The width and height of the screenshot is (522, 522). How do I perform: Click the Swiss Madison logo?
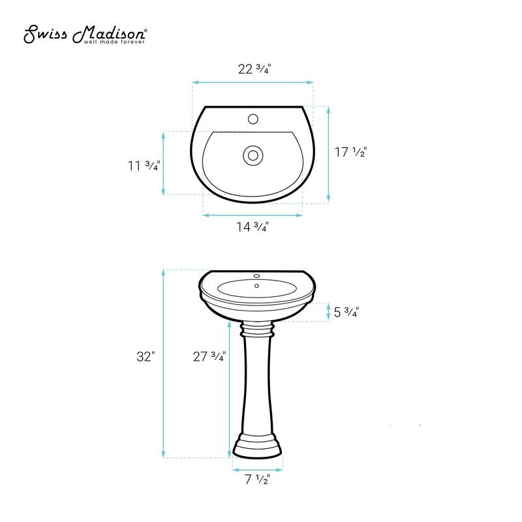click(x=85, y=33)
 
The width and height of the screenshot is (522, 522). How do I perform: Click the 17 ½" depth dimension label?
click(x=351, y=153)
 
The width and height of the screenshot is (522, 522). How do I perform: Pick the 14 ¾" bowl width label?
click(x=253, y=227)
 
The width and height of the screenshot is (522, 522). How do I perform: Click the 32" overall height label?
click(x=147, y=357)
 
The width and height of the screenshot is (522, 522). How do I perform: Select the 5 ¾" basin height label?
click(x=346, y=312)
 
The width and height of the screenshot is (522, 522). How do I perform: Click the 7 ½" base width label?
click(x=258, y=481)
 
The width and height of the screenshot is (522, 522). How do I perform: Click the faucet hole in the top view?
click(x=253, y=119)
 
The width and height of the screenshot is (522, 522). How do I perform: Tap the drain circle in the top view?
click(x=252, y=155)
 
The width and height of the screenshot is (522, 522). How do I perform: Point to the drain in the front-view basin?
click(x=256, y=285)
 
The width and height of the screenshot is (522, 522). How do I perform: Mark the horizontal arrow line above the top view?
click(x=253, y=82)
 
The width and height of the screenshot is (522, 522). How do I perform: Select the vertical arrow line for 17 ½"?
click(x=328, y=155)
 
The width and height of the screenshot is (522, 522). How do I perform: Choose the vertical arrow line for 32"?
click(x=162, y=363)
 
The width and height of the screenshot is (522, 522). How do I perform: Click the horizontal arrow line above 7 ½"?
click(x=258, y=468)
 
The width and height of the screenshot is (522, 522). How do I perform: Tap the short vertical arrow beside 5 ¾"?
click(x=328, y=312)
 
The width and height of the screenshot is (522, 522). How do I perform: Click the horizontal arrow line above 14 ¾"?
click(x=253, y=214)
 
